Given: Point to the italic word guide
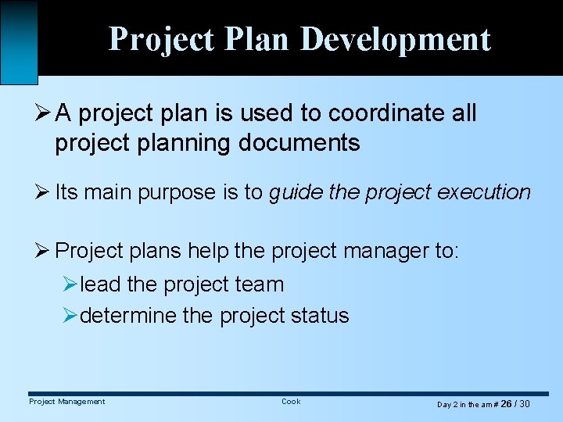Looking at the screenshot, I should click(296, 192).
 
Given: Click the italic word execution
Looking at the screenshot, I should click(485, 192).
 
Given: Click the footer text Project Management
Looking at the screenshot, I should click(66, 402).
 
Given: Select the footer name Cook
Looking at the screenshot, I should click(291, 402).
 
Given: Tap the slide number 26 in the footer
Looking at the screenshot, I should click(506, 404).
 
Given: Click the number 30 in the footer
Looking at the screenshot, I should click(525, 404).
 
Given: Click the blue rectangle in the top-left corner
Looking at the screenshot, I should click(19, 41).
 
